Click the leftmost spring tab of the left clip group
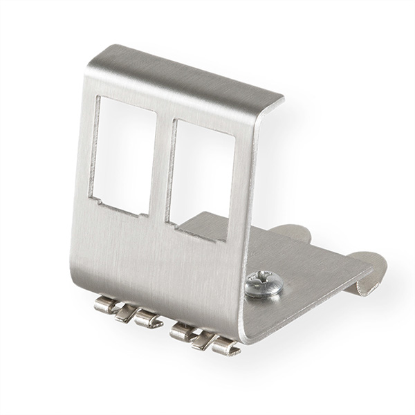[x=105, y=304]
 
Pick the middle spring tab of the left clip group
[x=125, y=313]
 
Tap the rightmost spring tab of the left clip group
[x=147, y=319]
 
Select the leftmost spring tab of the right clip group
[x=182, y=331]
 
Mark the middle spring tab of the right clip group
[x=204, y=339]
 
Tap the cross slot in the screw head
[x=264, y=282]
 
